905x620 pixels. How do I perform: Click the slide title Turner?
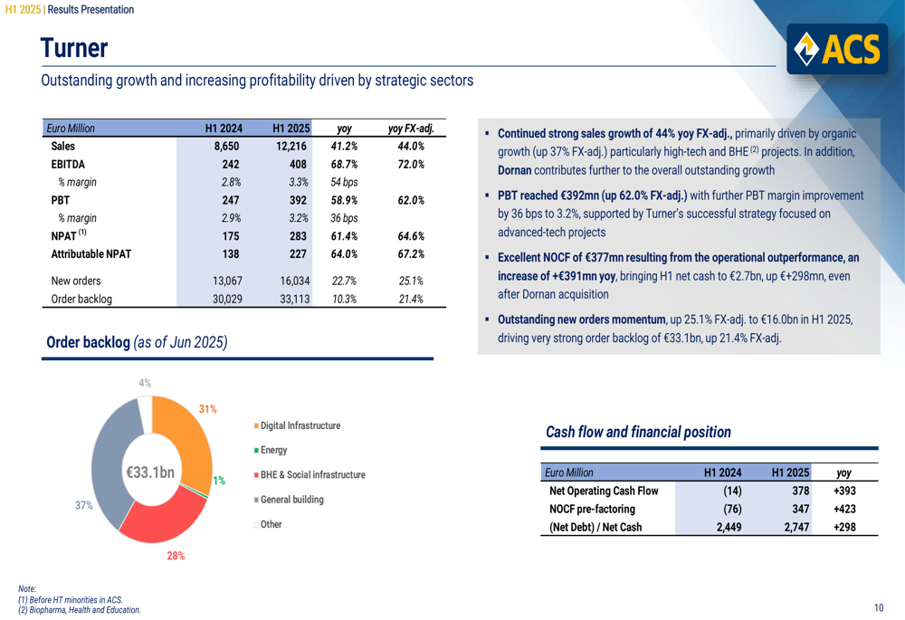pyautogui.click(x=73, y=48)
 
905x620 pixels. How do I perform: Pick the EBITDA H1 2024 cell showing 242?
pyautogui.click(x=230, y=164)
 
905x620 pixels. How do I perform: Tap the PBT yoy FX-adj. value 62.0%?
pyautogui.click(x=411, y=200)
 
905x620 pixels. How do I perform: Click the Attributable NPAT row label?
pyautogui.click(x=90, y=254)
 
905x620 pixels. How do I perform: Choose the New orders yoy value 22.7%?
pyautogui.click(x=344, y=281)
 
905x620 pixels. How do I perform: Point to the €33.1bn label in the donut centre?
pyautogui.click(x=149, y=472)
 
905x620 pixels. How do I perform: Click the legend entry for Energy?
pyautogui.click(x=272, y=450)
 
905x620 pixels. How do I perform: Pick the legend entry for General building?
pyautogui.click(x=291, y=500)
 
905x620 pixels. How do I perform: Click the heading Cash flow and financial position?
pyautogui.click(x=638, y=433)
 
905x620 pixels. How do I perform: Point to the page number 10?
pyautogui.click(x=880, y=607)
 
